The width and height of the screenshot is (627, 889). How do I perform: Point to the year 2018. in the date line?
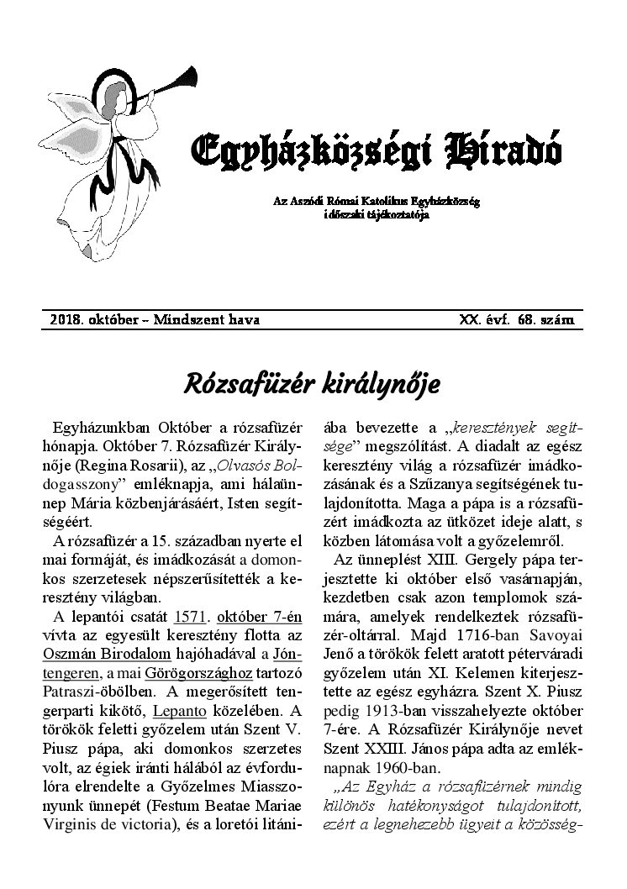point(66,320)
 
